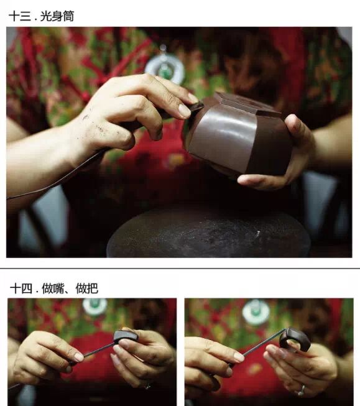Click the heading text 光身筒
point(57,16)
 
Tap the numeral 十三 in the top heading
point(20,16)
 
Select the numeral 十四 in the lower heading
point(21,288)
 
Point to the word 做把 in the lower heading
point(87,288)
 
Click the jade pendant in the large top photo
point(165,68)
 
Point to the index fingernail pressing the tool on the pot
point(185,111)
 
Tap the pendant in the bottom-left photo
point(95,307)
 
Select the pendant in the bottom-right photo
point(256,312)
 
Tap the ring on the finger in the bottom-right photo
point(302,390)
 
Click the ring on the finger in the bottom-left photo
point(147,386)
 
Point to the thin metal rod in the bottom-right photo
point(264,342)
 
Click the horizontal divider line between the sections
point(180,269)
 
